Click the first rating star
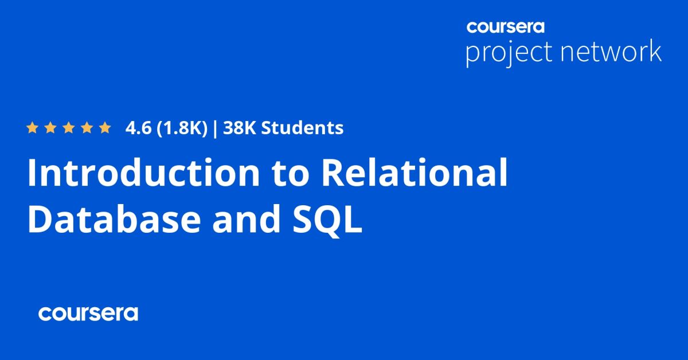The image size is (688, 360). click(x=33, y=128)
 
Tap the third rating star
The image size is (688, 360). click(x=68, y=128)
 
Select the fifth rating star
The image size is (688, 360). click(x=104, y=128)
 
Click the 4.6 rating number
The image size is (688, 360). click(x=138, y=128)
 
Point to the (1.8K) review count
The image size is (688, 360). click(x=181, y=128)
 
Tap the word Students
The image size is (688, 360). click(x=303, y=128)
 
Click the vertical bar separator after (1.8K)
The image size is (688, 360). click(x=214, y=128)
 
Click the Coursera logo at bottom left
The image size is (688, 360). click(x=88, y=314)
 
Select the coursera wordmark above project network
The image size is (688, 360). click(x=505, y=26)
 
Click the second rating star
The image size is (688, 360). click(x=50, y=128)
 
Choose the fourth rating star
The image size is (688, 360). click(x=87, y=128)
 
